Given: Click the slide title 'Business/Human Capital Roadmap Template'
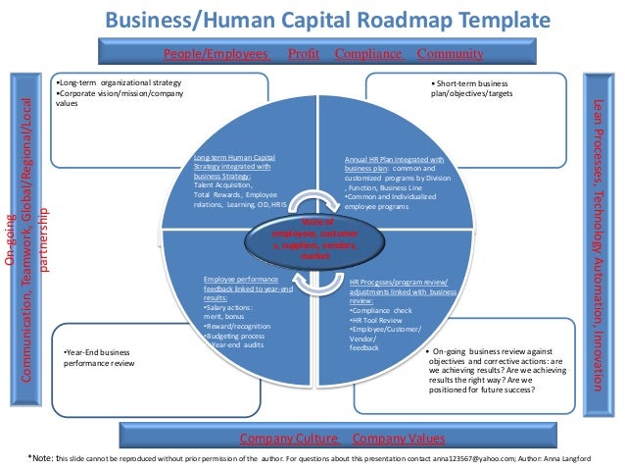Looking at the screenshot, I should [x=312, y=20].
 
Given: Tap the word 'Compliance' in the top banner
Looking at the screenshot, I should [x=368, y=53].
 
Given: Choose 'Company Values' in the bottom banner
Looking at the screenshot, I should [x=399, y=438].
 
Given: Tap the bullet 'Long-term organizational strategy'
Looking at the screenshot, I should [x=117, y=82].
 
